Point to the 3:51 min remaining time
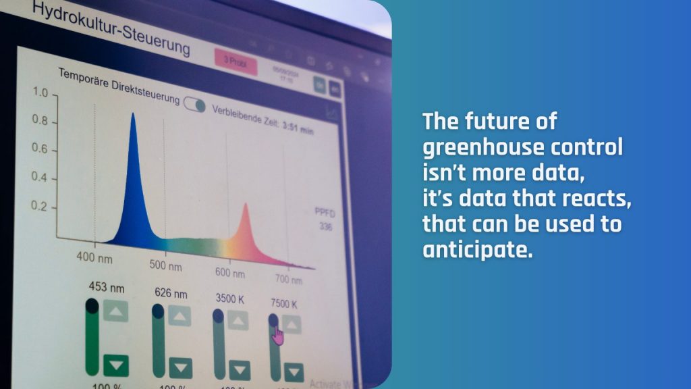point(298,128)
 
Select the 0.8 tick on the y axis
point(40,121)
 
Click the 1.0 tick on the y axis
point(41,93)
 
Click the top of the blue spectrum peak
point(133,115)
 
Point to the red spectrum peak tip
point(245,205)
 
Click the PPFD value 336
point(326,227)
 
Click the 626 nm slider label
point(171,293)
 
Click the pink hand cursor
point(277,334)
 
